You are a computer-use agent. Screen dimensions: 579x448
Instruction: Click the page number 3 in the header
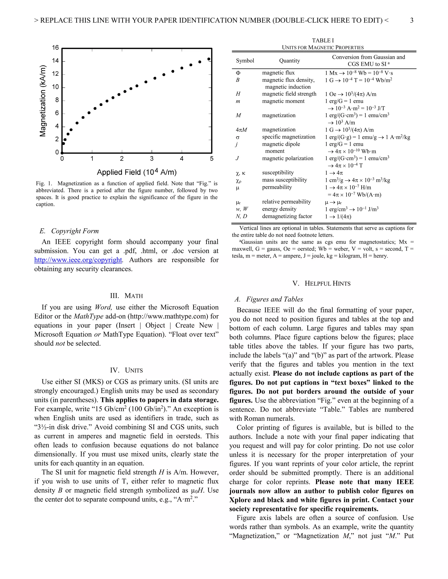pyautogui.click(x=411, y=20)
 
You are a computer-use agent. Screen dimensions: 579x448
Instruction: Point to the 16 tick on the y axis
pyautogui.click(x=55, y=48)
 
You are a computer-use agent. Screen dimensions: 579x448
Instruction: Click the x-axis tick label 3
pyautogui.click(x=152, y=159)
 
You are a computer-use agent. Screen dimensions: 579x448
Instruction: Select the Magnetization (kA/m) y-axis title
pyautogui.click(x=43, y=101)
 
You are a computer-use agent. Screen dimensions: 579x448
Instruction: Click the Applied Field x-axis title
pyautogui.click(x=137, y=172)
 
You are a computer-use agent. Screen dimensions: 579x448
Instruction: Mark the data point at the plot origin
pyautogui.click(x=62, y=153)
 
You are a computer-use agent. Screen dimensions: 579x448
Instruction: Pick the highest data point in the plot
pyautogui.click(x=209, y=59)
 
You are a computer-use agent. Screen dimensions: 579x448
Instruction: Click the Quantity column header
pyautogui.click(x=289, y=61)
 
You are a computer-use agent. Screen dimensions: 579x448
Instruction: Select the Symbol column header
pyautogui.click(x=245, y=61)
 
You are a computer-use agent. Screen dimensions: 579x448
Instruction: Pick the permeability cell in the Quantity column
pyautogui.click(x=277, y=187)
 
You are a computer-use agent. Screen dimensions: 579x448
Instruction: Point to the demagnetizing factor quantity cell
pyautogui.click(x=287, y=216)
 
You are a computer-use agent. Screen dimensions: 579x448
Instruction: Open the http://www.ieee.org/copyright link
pyautogui.click(x=78, y=260)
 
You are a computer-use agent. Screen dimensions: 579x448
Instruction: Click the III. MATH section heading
pyautogui.click(x=126, y=296)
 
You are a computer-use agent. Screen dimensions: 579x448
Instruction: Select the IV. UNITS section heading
pyautogui.click(x=126, y=370)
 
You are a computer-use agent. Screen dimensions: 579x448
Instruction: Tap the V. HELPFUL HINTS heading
pyautogui.click(x=321, y=283)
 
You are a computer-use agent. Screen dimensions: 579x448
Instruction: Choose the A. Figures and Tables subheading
pyautogui.click(x=269, y=299)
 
